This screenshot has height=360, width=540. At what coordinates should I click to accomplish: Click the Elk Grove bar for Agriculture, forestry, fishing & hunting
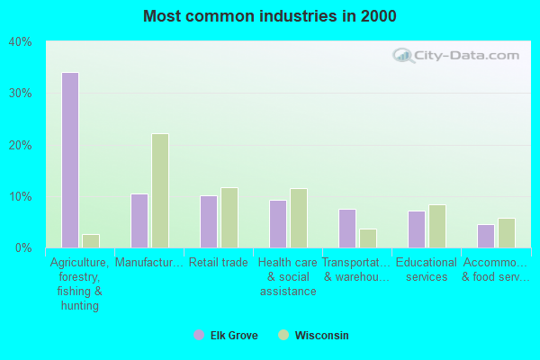[x=69, y=160]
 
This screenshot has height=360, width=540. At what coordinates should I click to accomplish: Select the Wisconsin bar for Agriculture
[x=90, y=241]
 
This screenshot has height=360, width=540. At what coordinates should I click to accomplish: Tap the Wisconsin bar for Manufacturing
[x=159, y=191]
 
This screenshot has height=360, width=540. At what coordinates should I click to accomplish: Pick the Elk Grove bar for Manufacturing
[x=139, y=220]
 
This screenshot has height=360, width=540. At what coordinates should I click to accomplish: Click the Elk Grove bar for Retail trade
[x=208, y=221]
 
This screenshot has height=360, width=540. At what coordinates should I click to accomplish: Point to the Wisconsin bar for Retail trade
[x=229, y=218]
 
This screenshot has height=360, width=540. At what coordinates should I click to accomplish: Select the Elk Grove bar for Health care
[x=277, y=224]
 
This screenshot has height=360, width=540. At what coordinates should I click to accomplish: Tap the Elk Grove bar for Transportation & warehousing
[x=346, y=229]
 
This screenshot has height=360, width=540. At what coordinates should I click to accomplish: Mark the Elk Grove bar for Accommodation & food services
[x=485, y=236]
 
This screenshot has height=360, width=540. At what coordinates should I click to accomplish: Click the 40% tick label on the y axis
[x=21, y=41]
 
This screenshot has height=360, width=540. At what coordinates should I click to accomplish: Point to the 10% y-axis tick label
[x=21, y=196]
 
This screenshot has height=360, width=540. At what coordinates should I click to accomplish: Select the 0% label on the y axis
[x=23, y=247]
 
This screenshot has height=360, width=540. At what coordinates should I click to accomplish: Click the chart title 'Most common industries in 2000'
[x=270, y=16]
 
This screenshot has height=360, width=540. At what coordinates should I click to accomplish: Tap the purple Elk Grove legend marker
[x=199, y=336]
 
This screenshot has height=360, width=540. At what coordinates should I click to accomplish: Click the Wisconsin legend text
[x=321, y=336]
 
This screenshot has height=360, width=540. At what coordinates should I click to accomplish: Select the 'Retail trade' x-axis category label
[x=218, y=263]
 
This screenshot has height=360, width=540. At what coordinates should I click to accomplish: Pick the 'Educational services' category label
[x=427, y=270]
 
